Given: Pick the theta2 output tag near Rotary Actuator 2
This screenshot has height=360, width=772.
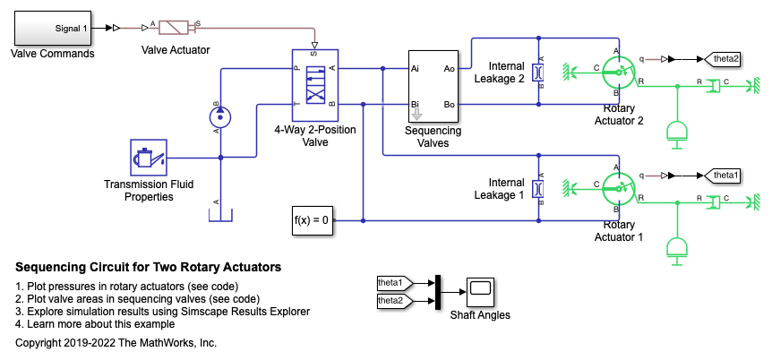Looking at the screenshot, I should click(x=725, y=60).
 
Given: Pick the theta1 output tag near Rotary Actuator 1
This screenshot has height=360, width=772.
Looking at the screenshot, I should click(x=725, y=175).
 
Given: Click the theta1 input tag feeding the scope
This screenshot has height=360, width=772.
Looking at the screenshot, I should click(x=391, y=283).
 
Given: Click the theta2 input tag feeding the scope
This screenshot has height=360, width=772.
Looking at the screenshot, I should click(x=391, y=301).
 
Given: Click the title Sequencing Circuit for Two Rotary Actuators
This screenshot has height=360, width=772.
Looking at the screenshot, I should click(x=149, y=267).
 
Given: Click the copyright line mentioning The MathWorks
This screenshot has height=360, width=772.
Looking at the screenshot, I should click(x=116, y=342).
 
